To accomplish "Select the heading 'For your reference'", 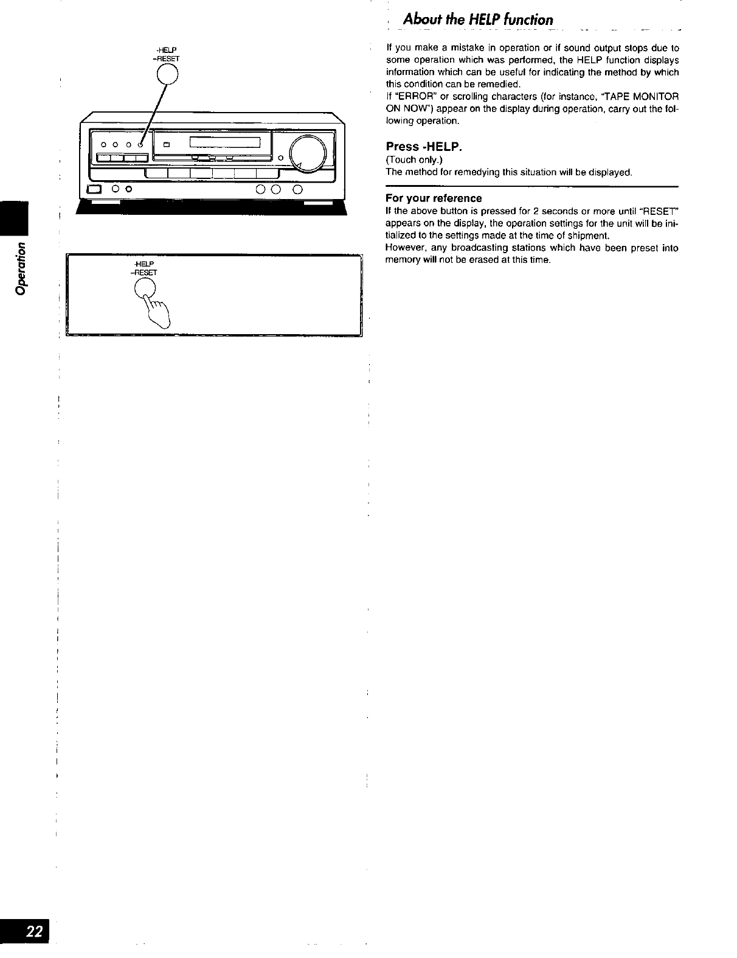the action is click(434, 198).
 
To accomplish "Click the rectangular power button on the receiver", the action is click(94, 189).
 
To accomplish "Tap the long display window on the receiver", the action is click(225, 143).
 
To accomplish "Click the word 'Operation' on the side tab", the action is click(22, 268).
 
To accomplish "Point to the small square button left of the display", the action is click(165, 144).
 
